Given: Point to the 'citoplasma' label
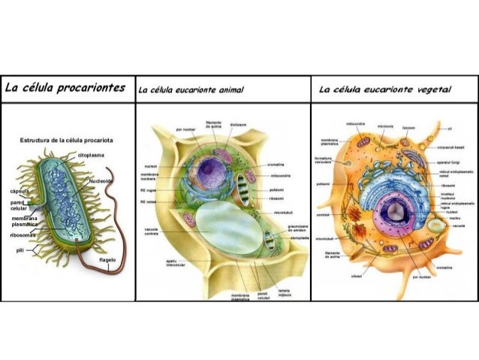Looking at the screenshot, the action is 91,154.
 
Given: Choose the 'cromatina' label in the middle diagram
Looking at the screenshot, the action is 276,165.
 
